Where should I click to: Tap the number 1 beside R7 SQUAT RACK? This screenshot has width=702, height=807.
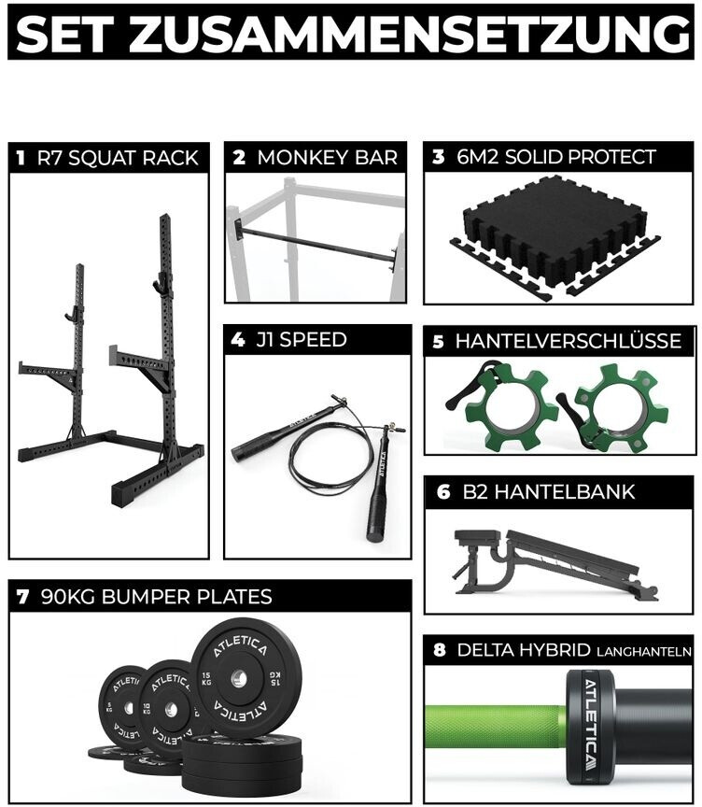click(x=20, y=158)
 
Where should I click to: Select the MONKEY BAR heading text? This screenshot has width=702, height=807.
click(x=327, y=158)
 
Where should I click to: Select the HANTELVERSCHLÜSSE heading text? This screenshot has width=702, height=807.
click(x=568, y=341)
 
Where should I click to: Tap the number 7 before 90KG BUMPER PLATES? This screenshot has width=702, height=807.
click(x=22, y=597)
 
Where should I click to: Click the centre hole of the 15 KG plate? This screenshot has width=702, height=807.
click(x=237, y=679)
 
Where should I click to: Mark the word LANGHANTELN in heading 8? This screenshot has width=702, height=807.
click(x=644, y=652)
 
